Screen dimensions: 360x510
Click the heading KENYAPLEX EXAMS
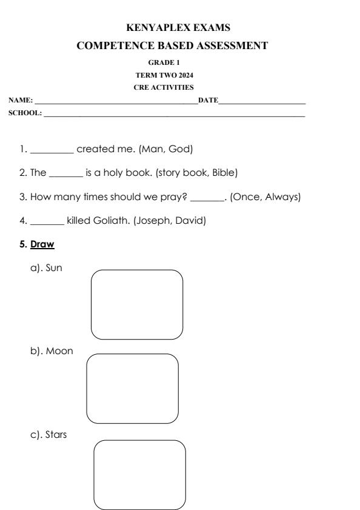(x=179, y=27)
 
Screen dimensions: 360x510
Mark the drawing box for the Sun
(x=137, y=304)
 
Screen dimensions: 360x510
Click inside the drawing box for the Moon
(x=133, y=389)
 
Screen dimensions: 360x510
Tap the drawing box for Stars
(x=139, y=475)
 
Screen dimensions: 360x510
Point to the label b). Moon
(x=52, y=351)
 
